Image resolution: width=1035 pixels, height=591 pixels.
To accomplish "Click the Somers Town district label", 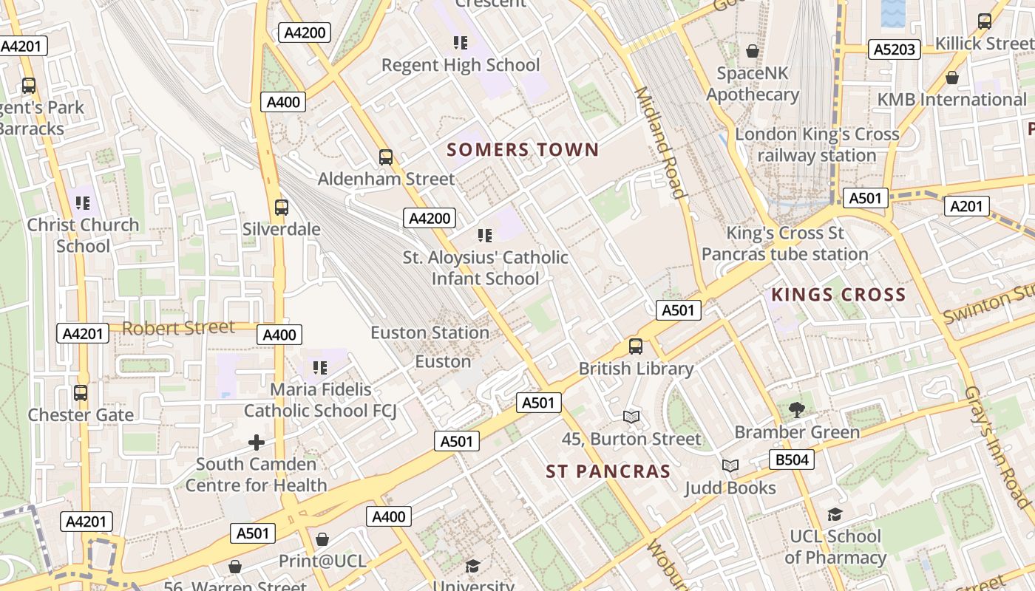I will click(523, 150).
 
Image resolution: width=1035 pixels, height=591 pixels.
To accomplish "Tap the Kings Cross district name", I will click(838, 295).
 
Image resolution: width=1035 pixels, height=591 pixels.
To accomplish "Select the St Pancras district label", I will click(608, 471).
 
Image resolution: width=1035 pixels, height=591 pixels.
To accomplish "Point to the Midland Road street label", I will click(659, 143).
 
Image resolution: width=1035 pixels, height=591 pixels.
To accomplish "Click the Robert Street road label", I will click(178, 327).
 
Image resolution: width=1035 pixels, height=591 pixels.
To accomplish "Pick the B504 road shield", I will click(791, 460).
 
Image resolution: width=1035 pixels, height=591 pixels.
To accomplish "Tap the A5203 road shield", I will click(894, 49).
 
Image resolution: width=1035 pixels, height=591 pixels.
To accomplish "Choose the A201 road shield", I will click(966, 206).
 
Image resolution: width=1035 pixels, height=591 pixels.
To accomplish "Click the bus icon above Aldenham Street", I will click(386, 157).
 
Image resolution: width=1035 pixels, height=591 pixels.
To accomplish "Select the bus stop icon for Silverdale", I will click(282, 208).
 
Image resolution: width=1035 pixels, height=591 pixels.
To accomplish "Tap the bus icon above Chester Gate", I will click(81, 393).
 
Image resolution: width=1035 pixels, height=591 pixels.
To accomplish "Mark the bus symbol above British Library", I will click(636, 346).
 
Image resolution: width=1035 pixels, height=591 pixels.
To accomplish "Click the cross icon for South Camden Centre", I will click(257, 443).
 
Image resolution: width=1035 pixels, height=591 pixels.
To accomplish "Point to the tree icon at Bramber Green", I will click(796, 410).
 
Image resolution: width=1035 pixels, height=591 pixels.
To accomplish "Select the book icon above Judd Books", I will click(730, 466).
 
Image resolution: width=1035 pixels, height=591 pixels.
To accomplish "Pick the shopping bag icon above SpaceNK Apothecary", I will click(753, 51).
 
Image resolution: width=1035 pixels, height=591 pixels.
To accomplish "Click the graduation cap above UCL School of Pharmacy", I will click(835, 514).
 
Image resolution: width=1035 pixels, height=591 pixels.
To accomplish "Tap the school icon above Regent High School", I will click(461, 43).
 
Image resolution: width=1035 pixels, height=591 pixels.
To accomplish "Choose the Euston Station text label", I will click(430, 332).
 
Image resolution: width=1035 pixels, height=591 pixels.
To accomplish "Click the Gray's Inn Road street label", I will click(997, 447).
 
